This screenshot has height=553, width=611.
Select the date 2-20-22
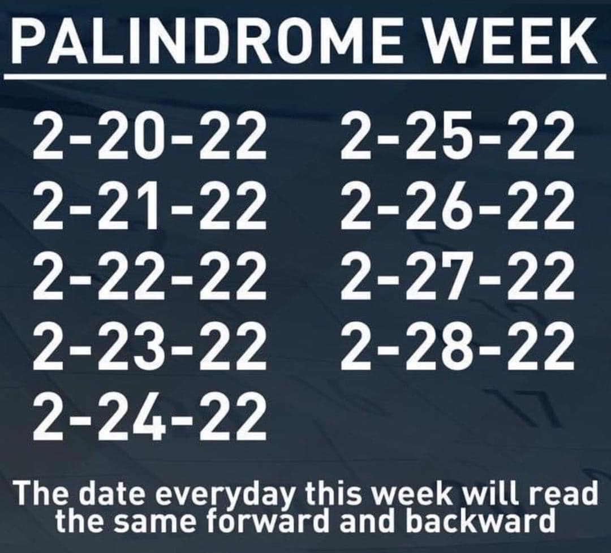[x=150, y=135]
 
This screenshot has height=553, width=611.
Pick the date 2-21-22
[x=150, y=206]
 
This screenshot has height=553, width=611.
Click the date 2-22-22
[x=150, y=276]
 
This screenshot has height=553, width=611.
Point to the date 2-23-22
[x=150, y=347]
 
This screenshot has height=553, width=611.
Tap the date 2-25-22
[x=458, y=135]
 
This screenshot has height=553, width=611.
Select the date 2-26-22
[x=458, y=206]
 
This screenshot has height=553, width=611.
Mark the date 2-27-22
[x=458, y=276]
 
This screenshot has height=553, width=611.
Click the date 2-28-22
[x=458, y=347]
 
